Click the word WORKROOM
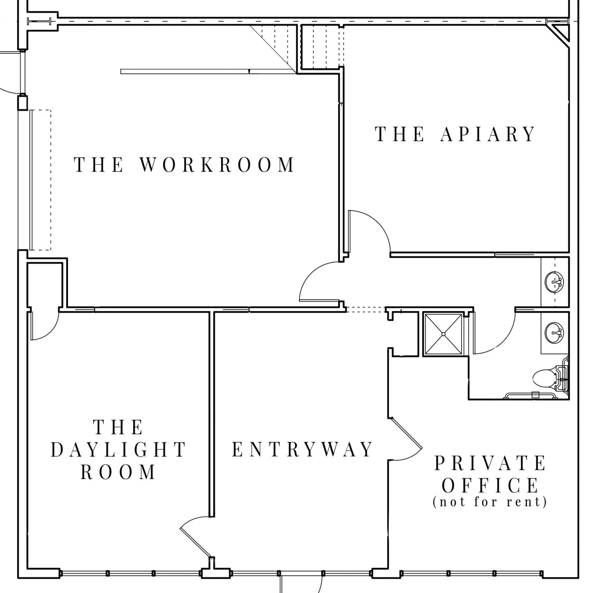coord(217,165)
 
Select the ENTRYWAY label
coord(302,450)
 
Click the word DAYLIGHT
coord(118,450)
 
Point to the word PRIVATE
coord(490,464)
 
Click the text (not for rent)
coord(490,502)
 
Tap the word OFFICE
coord(490,485)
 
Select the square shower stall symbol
coord(443,334)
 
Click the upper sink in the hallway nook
coord(555,282)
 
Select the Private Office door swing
coord(408,443)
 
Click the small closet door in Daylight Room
coord(45,327)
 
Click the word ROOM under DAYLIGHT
coord(118,472)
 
